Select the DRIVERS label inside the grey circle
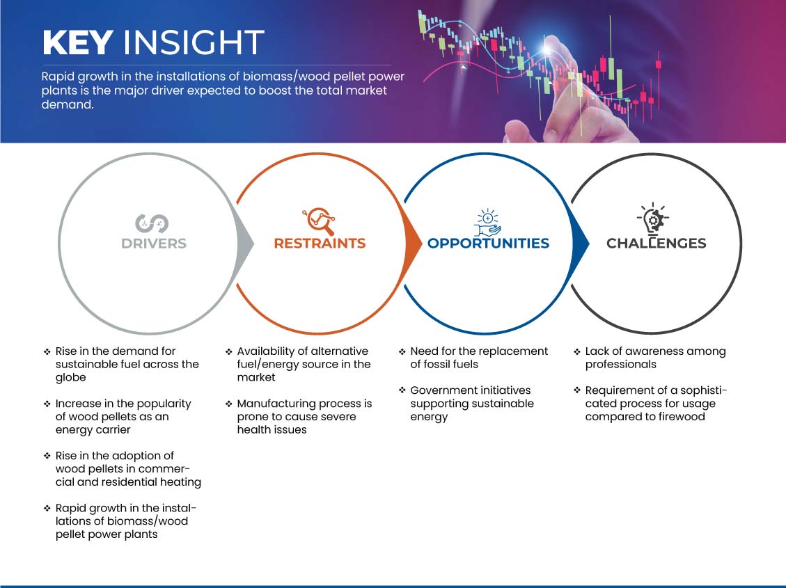click(154, 244)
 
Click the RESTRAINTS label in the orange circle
click(320, 244)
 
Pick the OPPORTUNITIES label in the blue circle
click(488, 244)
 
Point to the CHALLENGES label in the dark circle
click(657, 244)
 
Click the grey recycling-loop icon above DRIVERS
click(152, 223)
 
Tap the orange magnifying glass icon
click(319, 221)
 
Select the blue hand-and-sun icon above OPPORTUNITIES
click(488, 223)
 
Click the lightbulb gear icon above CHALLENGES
click(653, 219)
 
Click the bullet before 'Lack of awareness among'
click(577, 351)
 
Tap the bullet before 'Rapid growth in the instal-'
click(47, 509)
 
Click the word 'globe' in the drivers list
click(71, 378)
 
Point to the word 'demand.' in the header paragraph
click(68, 104)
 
